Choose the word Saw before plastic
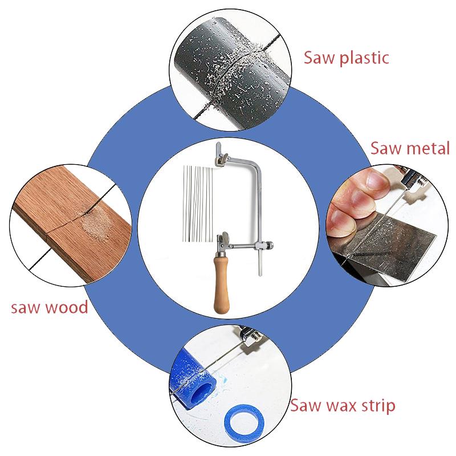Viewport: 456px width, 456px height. coord(319,58)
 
